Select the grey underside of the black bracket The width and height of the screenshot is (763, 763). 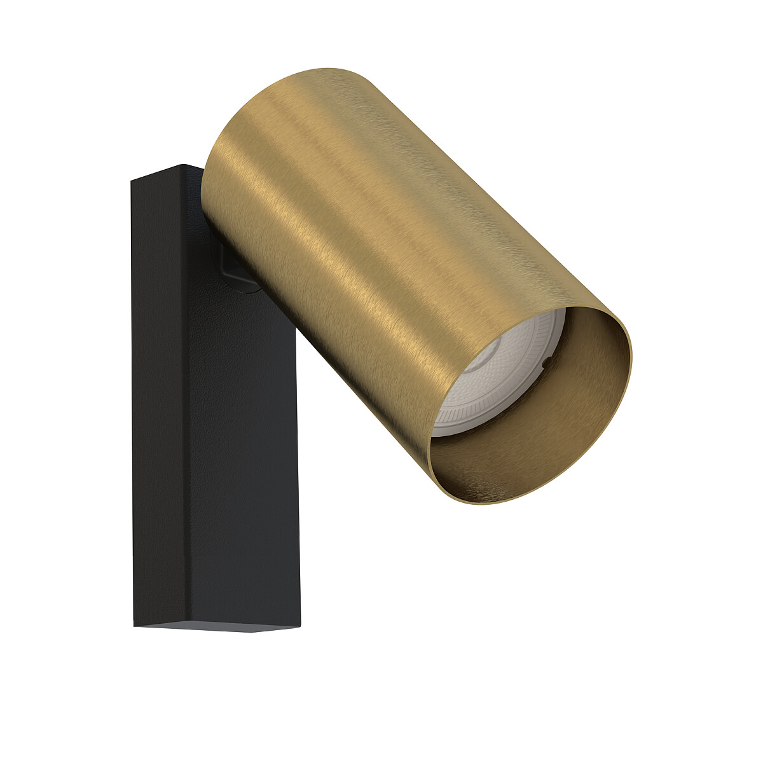pos(216,628)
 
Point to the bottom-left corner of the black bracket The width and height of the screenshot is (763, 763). pos(135,626)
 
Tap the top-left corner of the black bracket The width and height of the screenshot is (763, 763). pos(132,182)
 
